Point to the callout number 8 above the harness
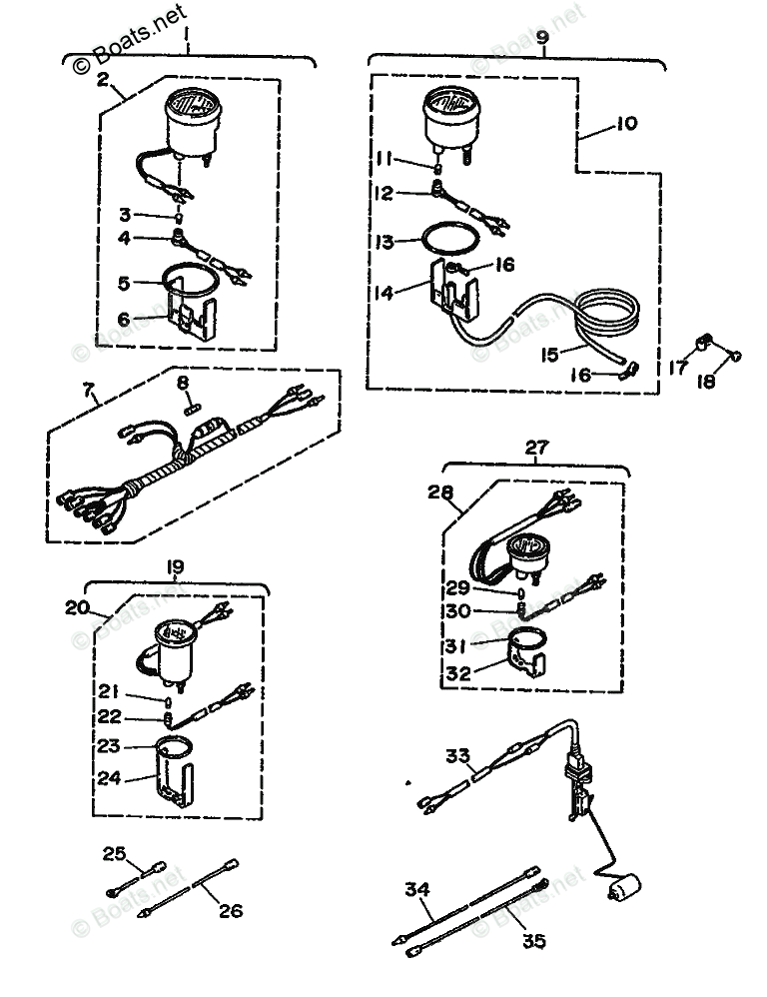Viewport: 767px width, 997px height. pyautogui.click(x=182, y=382)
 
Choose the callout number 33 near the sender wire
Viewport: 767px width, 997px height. pyautogui.click(x=457, y=756)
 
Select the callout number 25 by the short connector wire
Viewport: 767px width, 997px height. pyautogui.click(x=114, y=851)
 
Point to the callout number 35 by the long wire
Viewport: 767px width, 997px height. pyautogui.click(x=534, y=940)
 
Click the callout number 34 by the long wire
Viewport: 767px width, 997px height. pyautogui.click(x=417, y=889)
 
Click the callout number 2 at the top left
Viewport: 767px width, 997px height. pyautogui.click(x=102, y=79)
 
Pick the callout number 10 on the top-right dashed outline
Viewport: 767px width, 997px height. pyautogui.click(x=625, y=124)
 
